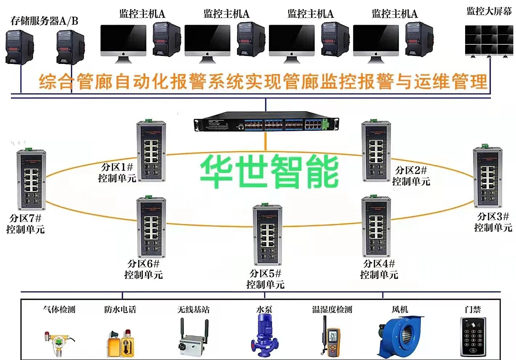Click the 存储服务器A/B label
coord(44,21)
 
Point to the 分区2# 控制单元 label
coord(411,175)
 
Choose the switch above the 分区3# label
coord(487,178)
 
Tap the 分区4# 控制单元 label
coord(379,269)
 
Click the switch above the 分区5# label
coord(267,235)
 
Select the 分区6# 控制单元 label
coord(144,269)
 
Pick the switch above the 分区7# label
coord(31,180)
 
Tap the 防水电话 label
coord(120,310)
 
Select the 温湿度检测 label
coord(332,310)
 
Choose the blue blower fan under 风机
coord(401,336)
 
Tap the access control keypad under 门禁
coord(473,337)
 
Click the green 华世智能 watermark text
coord(269,171)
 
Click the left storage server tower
coord(19,48)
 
